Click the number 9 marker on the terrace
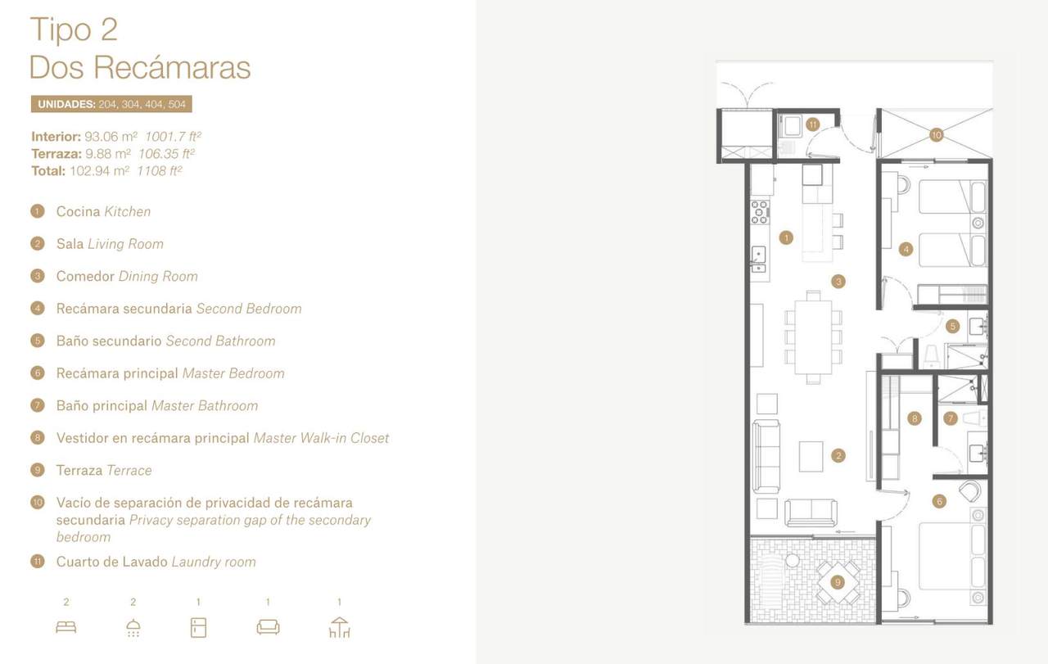coord(838,582)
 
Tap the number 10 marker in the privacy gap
coord(936,135)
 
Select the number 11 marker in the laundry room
coord(813,124)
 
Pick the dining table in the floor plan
coord(813,337)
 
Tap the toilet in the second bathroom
coord(932,356)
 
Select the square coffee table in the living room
coord(811,456)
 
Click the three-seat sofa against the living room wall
coord(766,456)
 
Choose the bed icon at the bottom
coord(66,627)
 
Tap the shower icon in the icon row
coord(133,628)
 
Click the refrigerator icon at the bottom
coord(198,627)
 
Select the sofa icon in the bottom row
coord(268,627)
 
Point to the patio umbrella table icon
coord(339,627)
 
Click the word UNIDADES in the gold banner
coord(66,104)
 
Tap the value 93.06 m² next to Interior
coord(111,137)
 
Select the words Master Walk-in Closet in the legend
coord(321,438)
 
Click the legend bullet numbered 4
coord(38,309)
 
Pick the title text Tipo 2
coord(74,29)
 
